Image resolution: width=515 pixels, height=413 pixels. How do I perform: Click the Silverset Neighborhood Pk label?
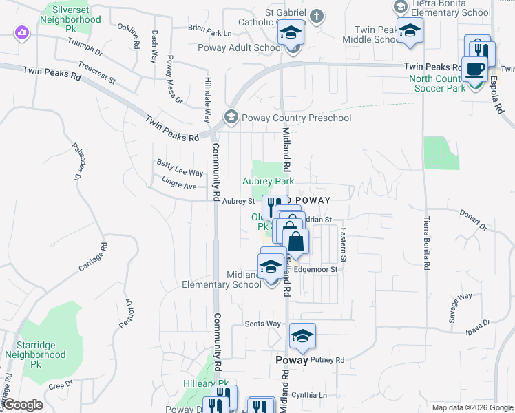click(x=72, y=15)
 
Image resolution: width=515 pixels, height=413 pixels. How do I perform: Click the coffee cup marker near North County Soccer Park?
click(x=474, y=70)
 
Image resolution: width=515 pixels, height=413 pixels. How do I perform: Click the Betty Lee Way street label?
click(x=180, y=173)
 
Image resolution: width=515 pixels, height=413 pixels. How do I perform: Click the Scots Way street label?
click(x=263, y=324)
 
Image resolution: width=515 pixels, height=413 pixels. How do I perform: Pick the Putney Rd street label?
click(x=327, y=359)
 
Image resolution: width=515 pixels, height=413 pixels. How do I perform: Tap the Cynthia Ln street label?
click(x=313, y=395)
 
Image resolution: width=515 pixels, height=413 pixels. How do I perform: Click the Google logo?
click(x=23, y=405)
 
